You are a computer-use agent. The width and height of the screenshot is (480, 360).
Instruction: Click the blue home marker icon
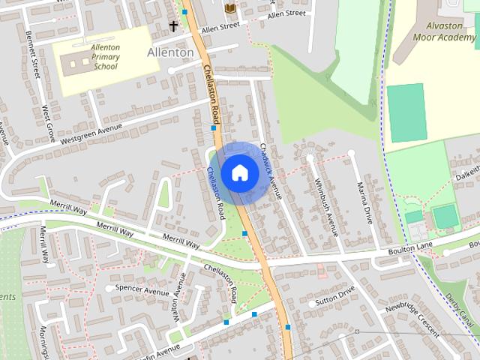coord(239,172)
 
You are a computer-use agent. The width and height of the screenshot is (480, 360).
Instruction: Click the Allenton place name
coord(170,52)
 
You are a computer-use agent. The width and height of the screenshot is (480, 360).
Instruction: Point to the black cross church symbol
coord(174,26)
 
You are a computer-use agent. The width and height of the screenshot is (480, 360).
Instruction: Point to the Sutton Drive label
coord(334,298)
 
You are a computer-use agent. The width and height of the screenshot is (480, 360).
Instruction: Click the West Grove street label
coord(49,124)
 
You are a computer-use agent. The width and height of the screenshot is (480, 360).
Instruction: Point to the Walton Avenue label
coord(179,298)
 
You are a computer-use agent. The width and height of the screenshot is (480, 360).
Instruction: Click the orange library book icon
coord(230,7)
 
